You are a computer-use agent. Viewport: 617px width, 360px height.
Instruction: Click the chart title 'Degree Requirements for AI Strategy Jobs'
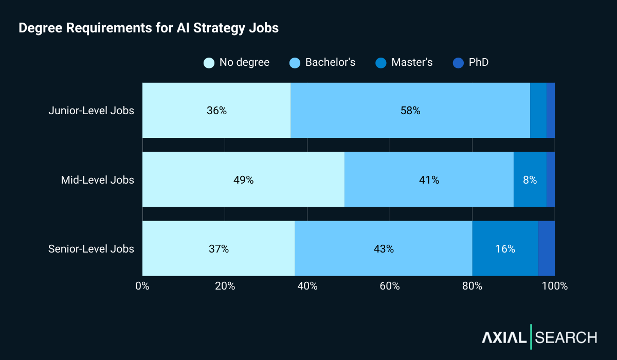[x=149, y=28]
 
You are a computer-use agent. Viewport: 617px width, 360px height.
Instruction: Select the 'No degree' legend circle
[x=209, y=63]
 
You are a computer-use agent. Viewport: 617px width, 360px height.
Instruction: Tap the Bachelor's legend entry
[x=322, y=63]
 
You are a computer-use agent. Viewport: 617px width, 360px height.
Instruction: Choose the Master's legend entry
[x=404, y=63]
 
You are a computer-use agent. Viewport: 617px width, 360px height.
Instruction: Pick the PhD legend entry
[x=471, y=63]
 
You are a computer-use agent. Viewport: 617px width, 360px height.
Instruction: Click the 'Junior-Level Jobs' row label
[x=91, y=111]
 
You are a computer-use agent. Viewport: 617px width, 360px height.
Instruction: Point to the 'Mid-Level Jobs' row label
[x=97, y=180]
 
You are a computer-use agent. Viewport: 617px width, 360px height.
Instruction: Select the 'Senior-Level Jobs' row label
[x=91, y=249]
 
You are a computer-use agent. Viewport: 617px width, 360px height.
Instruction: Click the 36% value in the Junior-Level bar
[x=216, y=111]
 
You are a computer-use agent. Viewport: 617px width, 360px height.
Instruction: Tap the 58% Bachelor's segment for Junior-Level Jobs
[x=410, y=111]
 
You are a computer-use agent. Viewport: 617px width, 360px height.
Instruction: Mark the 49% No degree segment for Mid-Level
[x=243, y=180]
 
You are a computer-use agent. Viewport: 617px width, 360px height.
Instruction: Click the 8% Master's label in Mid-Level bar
[x=530, y=180]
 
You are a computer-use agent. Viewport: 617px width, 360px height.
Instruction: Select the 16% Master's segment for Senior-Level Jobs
[x=505, y=249]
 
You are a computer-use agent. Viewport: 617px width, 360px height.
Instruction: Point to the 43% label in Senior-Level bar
[x=384, y=249]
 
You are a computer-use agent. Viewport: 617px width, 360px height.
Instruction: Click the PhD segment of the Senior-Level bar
[x=547, y=249]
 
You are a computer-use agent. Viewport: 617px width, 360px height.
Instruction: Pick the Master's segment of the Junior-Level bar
[x=538, y=111]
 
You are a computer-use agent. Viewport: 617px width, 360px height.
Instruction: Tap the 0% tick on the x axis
[x=142, y=286]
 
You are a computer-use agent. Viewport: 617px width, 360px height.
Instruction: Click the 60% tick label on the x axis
[x=390, y=286]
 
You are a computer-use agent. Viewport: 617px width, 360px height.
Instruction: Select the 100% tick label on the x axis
[x=555, y=286]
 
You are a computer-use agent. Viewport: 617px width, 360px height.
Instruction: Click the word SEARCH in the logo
[x=566, y=338]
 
